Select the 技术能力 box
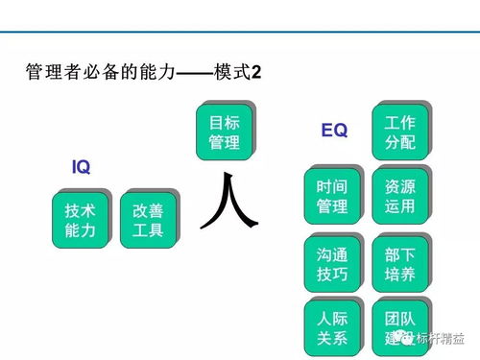click(81, 220)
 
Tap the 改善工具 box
click(148, 220)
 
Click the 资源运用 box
click(398, 195)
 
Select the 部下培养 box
click(398, 260)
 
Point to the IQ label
click(81, 167)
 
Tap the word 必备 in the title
click(97, 73)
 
